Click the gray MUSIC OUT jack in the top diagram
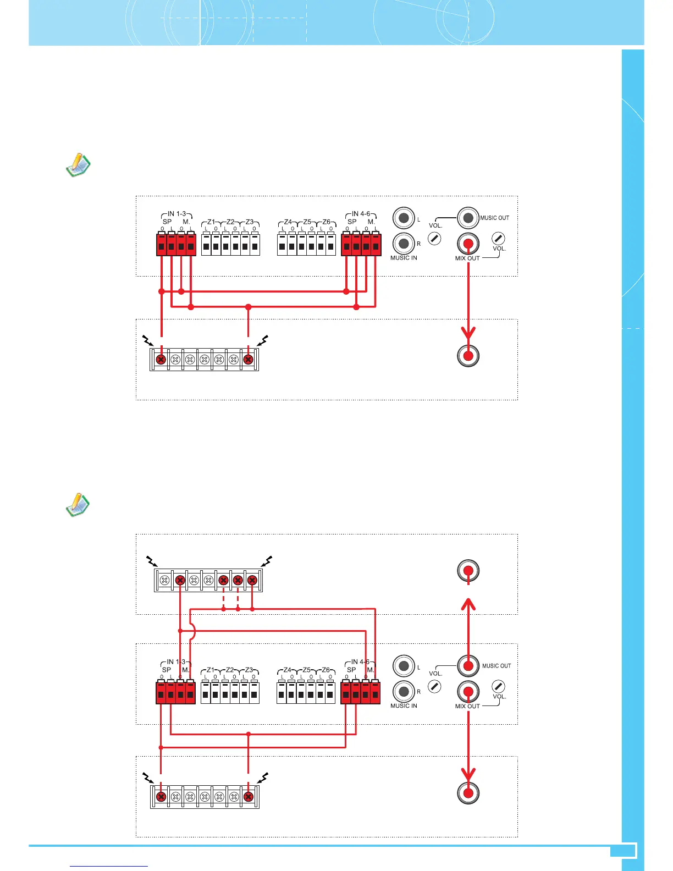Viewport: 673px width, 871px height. click(468, 218)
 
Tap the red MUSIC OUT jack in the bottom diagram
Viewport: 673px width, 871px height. click(468, 665)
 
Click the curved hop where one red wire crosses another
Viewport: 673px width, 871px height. click(193, 631)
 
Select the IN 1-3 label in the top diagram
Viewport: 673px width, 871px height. click(176, 213)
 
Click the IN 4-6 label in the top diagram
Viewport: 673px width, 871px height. click(361, 213)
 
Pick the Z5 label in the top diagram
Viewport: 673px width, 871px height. click(307, 222)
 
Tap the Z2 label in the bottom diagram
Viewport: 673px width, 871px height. click(230, 670)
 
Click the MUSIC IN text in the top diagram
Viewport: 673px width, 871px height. click(404, 258)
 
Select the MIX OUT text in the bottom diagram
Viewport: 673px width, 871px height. click(467, 706)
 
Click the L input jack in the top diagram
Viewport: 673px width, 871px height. click(404, 218)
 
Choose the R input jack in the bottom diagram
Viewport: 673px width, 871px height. click(404, 691)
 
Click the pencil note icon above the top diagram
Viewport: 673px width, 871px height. click(78, 165)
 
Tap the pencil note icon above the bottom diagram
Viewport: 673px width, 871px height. click(78, 504)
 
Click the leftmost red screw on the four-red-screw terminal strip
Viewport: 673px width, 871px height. click(179, 580)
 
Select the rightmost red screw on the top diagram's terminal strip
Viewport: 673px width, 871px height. click(248, 360)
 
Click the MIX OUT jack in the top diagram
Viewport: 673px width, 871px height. click(468, 243)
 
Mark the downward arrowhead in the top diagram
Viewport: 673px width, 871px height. click(468, 334)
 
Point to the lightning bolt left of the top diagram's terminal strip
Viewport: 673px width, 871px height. click(147, 340)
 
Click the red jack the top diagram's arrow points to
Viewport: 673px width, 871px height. click(468, 356)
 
